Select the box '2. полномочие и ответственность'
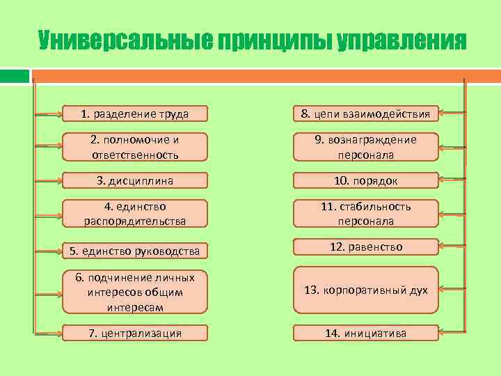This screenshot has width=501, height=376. click(134, 148)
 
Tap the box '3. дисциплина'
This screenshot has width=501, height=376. click(134, 181)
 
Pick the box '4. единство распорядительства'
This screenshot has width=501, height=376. click(134, 214)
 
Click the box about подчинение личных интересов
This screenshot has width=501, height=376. click(134, 292)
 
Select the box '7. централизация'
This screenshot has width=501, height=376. click(134, 333)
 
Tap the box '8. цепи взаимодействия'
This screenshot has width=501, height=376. click(365, 113)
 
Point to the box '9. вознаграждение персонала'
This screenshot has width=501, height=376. click(365, 148)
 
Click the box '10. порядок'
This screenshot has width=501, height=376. click(365, 181)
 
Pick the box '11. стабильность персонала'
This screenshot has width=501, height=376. click(365, 214)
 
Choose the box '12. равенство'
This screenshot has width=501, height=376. click(365, 247)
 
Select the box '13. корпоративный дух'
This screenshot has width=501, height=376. click(365, 290)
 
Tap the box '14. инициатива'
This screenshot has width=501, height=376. click(365, 333)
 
